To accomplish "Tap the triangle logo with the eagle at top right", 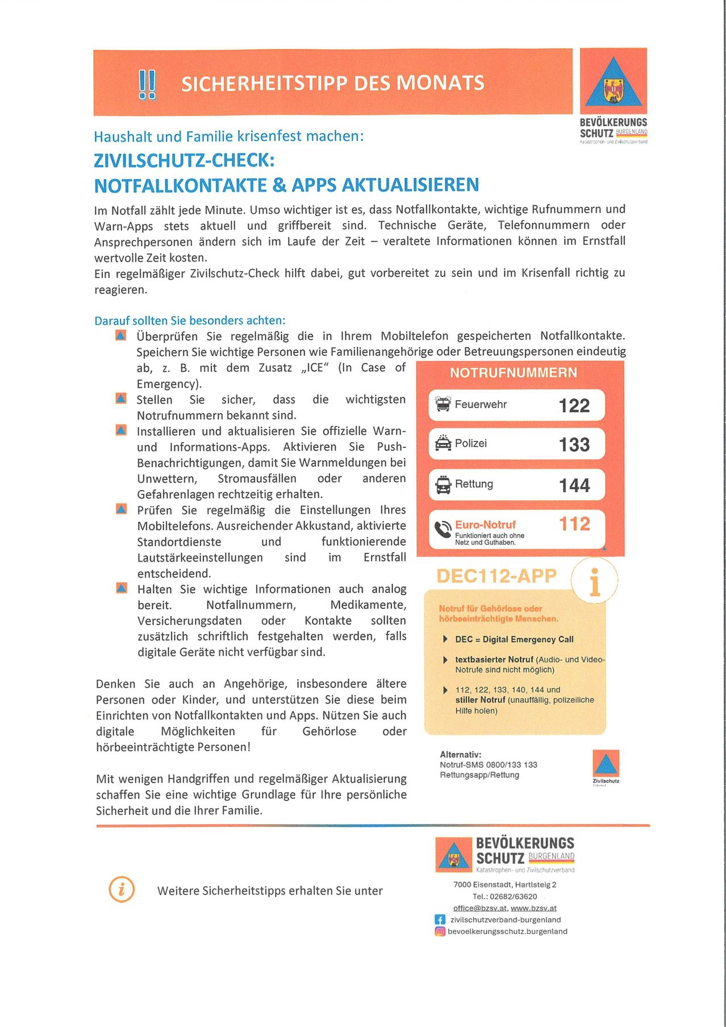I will coord(613,83).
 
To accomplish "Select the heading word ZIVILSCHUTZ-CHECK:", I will coord(184,160).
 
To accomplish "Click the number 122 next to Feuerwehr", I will coord(574,405).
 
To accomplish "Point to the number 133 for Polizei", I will coord(574,444).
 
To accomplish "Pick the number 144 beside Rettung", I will coord(574,485).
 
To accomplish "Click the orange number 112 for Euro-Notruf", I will coord(574,523).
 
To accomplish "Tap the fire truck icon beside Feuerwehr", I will coord(443,404).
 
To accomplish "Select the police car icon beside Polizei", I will coord(443,443).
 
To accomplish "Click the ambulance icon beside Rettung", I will coord(443,484).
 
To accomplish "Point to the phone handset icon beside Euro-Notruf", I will coord(443,529).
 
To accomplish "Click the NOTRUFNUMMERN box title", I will coord(513,373).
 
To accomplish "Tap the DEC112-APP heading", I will coord(496,576).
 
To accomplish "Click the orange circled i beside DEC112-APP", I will coord(594,581).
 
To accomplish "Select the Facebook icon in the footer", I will coord(440,919).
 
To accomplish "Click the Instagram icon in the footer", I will coord(440,931).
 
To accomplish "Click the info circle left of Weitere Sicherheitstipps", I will coord(122,889).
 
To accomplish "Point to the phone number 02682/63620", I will coord(513,896).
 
